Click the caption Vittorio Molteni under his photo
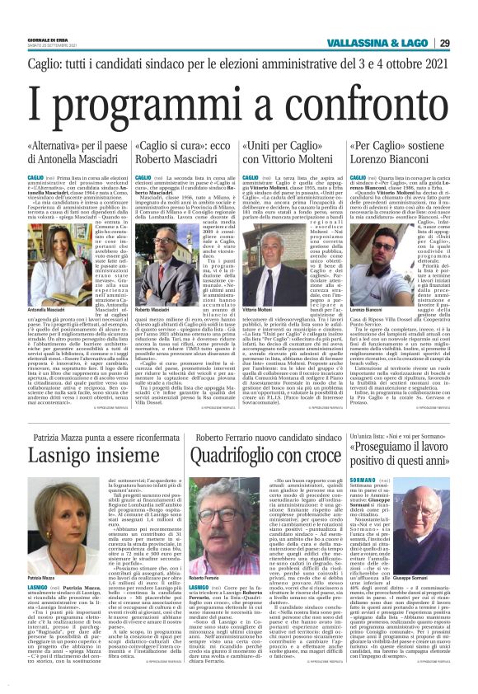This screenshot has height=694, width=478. point(257,307)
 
